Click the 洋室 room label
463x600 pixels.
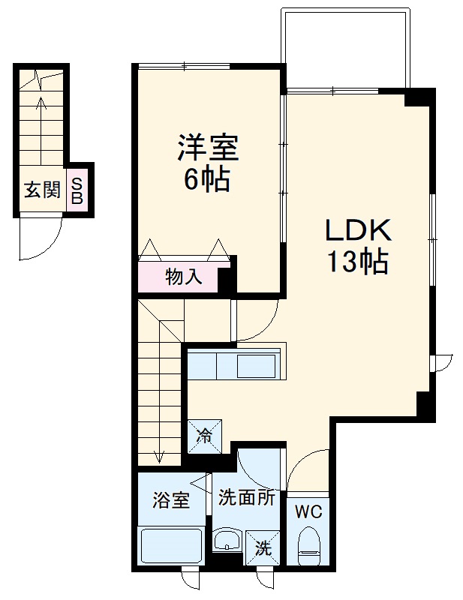point(208,148)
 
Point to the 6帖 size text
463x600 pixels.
point(207,180)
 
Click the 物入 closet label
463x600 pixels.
point(183,277)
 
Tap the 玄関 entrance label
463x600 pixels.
point(42,190)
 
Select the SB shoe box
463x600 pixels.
point(77,190)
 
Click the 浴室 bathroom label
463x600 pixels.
point(171,501)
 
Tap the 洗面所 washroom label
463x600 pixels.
point(247,497)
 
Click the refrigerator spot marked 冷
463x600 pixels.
point(204,435)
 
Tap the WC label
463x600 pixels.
point(307,514)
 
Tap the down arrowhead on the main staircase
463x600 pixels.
point(160,455)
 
